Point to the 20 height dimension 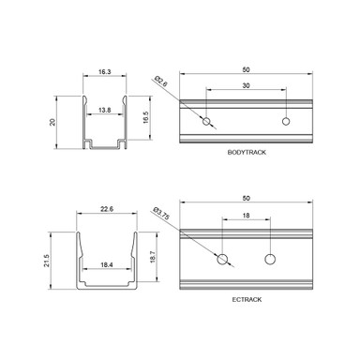pyautogui.click(x=53, y=122)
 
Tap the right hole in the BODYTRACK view pyautogui.click(x=287, y=121)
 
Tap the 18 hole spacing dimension pyautogui.click(x=247, y=217)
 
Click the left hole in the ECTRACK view pyautogui.click(x=223, y=259)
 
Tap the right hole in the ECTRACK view pyautogui.click(x=271, y=259)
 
